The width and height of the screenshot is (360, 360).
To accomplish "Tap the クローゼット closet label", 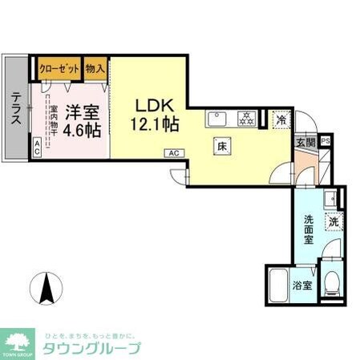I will point(57,68).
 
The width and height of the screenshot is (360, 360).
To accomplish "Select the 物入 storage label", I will point(95,68).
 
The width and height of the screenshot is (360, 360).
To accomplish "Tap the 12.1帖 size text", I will point(154,124).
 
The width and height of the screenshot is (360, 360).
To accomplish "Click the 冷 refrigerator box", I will point(280,119).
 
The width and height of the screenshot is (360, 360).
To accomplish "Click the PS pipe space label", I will point(325,142).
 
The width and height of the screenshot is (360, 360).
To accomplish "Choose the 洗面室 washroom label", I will point(309,228).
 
